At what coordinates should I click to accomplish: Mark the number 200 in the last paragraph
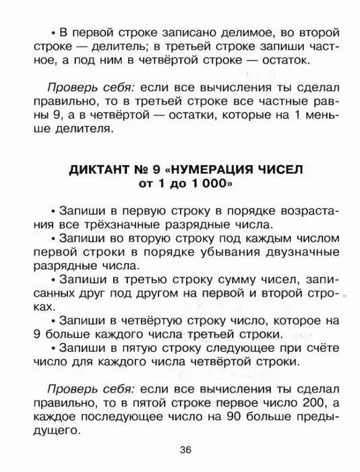tap(299, 403)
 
